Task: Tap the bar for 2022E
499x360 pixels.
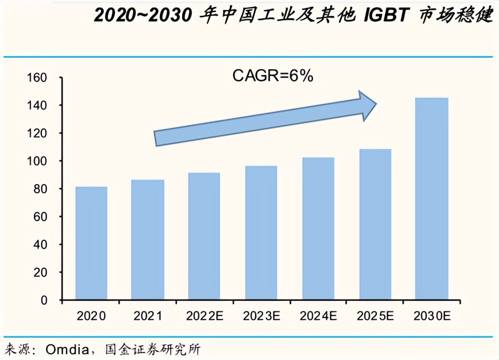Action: pyautogui.click(x=204, y=236)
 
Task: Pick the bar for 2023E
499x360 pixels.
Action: pyautogui.click(x=261, y=233)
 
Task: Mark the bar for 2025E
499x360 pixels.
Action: pyautogui.click(x=375, y=224)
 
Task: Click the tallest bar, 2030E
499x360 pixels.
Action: pyautogui.click(x=432, y=199)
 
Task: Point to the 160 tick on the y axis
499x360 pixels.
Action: pyautogui.click(x=38, y=78)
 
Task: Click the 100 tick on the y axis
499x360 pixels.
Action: pyautogui.click(x=38, y=161)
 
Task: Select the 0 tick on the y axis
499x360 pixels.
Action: pyautogui.click(x=43, y=300)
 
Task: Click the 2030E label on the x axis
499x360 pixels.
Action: pyautogui.click(x=432, y=316)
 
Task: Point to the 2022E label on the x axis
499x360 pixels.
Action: pyautogui.click(x=204, y=316)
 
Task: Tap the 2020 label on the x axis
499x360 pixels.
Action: pyautogui.click(x=91, y=316)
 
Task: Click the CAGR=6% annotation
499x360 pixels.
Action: pyautogui.click(x=272, y=76)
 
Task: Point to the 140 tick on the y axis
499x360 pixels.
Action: pyautogui.click(x=38, y=106)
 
